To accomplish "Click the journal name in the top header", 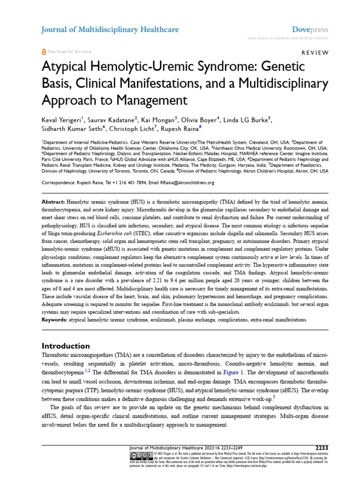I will tap(110, 30).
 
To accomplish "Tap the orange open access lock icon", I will tap(44, 53).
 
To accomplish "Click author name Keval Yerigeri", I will tap(62, 120).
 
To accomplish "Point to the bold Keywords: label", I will tap(55, 320).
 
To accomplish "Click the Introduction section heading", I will tap(66, 346).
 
